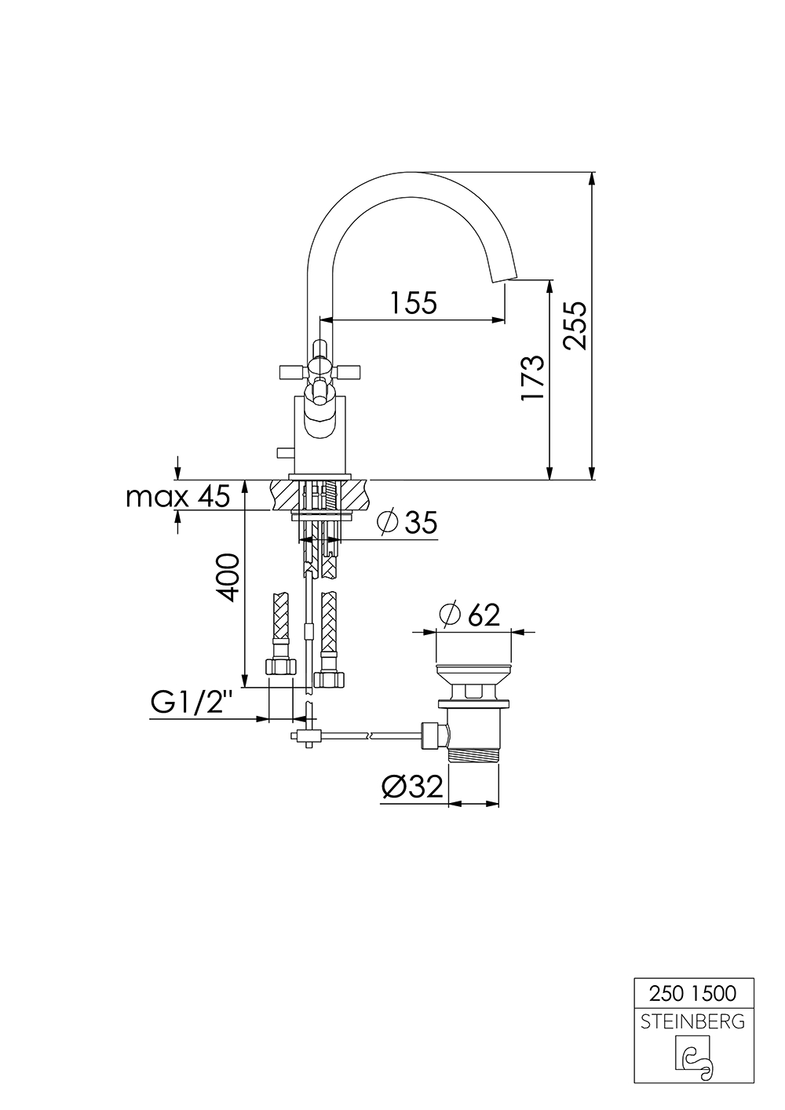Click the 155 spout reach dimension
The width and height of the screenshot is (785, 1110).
pyautogui.click(x=414, y=303)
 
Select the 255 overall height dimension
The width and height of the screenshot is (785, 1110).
pyautogui.click(x=575, y=325)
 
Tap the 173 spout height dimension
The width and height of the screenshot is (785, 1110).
pyautogui.click(x=533, y=378)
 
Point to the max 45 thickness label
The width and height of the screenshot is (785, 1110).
pyautogui.click(x=178, y=497)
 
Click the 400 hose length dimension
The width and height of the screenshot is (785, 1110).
pyautogui.click(x=228, y=577)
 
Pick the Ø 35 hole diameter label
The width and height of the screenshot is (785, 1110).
pyautogui.click(x=407, y=522)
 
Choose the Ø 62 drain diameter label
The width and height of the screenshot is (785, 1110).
pyautogui.click(x=469, y=615)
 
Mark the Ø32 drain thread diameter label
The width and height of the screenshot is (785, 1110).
pyautogui.click(x=412, y=787)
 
